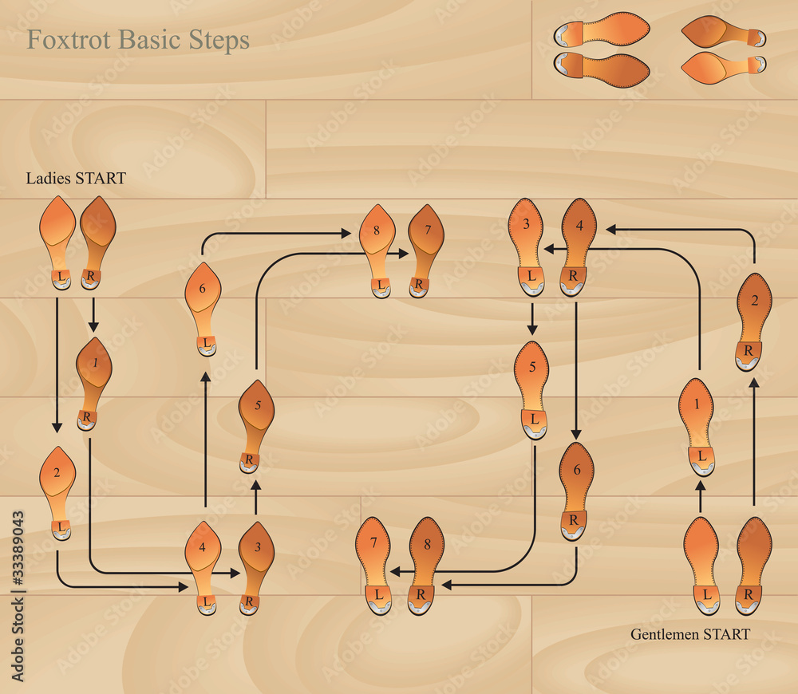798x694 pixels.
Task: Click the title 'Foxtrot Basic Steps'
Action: point(138,40)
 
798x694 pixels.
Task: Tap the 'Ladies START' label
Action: point(76,178)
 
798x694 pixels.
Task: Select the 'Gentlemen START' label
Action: point(690,635)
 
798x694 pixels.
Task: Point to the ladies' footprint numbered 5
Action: point(256,423)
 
